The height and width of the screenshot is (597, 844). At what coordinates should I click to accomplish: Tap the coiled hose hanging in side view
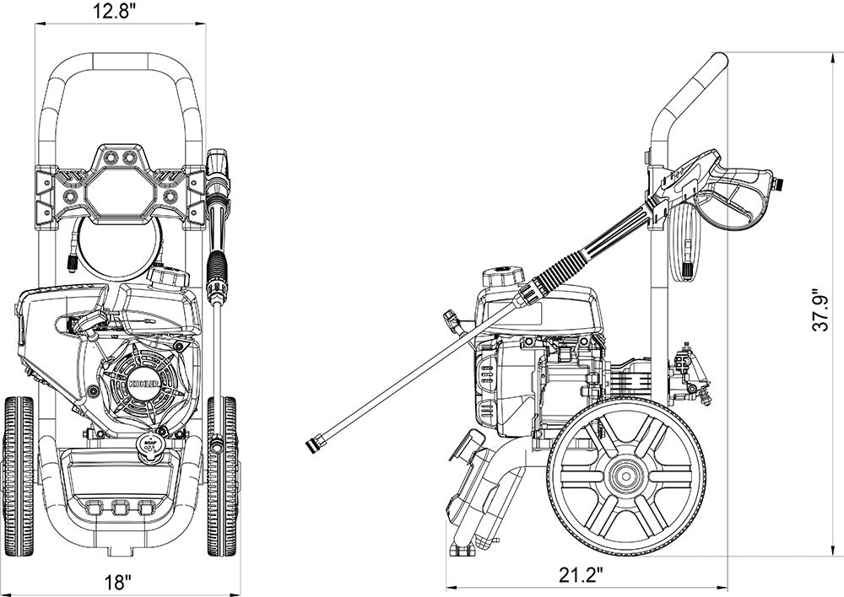pyautogui.click(x=685, y=245)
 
